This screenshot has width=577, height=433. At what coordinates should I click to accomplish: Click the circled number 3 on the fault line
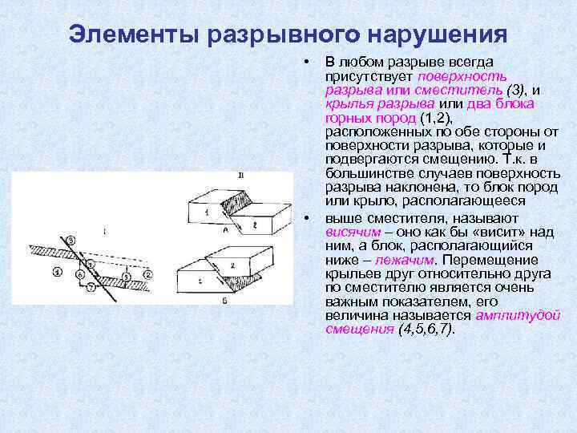(71, 239)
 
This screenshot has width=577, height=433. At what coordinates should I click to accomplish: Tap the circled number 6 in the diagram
(79, 275)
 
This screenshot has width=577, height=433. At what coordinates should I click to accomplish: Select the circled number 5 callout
(126, 275)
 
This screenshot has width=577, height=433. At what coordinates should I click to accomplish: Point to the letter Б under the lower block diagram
(224, 300)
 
